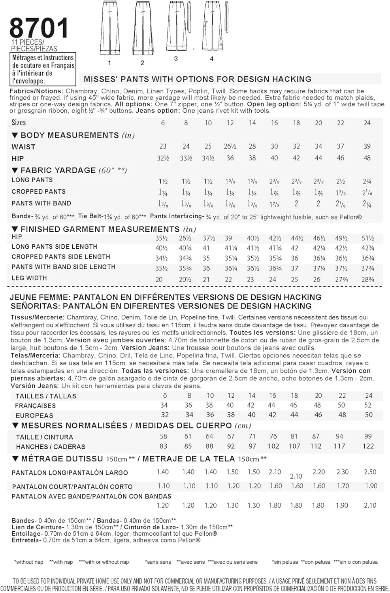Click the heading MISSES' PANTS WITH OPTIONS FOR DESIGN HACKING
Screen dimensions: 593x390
[x=197, y=79]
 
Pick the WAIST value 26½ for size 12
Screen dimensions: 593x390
[x=230, y=146]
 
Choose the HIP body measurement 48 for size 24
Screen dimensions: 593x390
[x=367, y=158]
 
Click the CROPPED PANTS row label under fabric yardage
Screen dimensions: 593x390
[x=39, y=192]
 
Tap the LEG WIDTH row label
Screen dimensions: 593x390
[x=29, y=278]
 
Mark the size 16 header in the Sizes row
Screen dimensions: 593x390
[x=274, y=123]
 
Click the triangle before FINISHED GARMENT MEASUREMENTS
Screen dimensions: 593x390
[x=15, y=229]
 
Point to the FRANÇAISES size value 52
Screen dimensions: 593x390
[x=368, y=405]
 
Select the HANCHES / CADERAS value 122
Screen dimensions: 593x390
[x=368, y=446]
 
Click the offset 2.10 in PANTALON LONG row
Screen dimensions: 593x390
[x=296, y=476]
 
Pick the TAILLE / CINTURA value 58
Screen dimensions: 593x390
[x=163, y=436]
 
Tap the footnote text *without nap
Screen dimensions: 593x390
[x=28, y=562]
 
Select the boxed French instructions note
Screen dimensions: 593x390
[x=43, y=69]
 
